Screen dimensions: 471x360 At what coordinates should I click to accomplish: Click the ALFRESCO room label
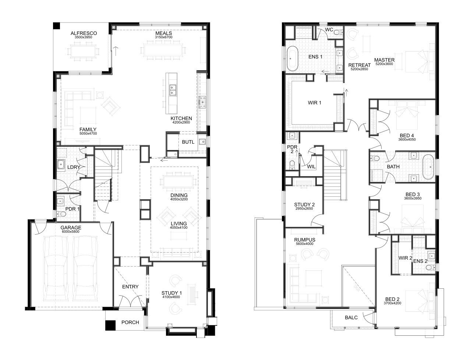[x=84, y=33]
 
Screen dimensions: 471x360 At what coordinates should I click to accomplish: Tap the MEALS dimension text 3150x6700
[x=164, y=37]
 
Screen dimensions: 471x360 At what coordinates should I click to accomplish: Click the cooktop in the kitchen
[x=202, y=102]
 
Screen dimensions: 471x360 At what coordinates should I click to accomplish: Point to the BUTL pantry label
[x=188, y=142]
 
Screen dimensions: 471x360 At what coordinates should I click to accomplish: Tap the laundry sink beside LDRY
[x=61, y=165]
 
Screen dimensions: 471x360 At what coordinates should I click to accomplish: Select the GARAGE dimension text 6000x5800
[x=71, y=232]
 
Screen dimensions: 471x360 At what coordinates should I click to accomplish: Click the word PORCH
[x=130, y=322]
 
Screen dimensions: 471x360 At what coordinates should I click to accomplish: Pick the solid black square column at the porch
[x=110, y=325]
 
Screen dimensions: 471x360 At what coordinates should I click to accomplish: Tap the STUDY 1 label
[x=172, y=293]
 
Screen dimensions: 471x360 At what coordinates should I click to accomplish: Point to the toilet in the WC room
[x=338, y=33]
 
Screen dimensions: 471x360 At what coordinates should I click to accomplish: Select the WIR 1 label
[x=314, y=103]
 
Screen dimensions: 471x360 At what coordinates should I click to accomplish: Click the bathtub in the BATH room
[x=428, y=167]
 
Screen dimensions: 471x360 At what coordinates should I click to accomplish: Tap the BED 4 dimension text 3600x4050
[x=407, y=139]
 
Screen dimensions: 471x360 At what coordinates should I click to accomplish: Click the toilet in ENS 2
[x=430, y=267]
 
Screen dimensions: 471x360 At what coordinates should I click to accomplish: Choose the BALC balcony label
[x=351, y=318]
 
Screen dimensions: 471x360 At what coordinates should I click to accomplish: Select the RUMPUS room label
[x=304, y=240]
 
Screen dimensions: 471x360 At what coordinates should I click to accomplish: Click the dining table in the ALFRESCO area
[x=84, y=51]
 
